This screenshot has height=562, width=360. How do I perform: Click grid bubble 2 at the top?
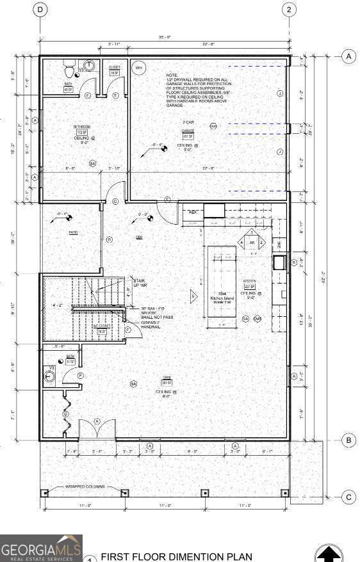(x=290, y=9)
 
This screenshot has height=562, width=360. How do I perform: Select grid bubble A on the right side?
(x=349, y=56)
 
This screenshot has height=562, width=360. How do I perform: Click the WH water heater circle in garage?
(x=138, y=67)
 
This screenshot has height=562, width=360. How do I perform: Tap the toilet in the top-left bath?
(x=70, y=67)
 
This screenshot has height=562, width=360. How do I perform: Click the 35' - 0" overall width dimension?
(x=165, y=37)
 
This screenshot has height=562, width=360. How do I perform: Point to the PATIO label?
(x=74, y=233)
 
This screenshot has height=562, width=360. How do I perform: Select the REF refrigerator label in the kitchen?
(x=192, y=212)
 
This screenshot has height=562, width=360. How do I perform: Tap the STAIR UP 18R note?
(x=139, y=283)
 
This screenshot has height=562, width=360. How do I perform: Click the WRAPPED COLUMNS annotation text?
(x=83, y=487)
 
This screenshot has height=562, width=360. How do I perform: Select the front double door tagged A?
(x=96, y=430)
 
